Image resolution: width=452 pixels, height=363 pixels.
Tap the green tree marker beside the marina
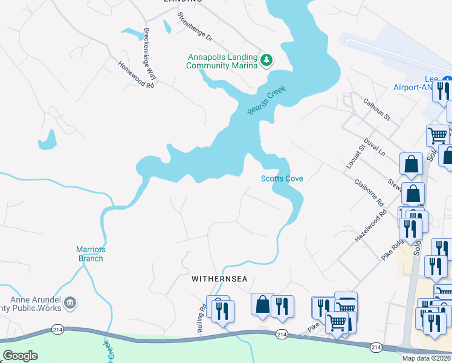266,60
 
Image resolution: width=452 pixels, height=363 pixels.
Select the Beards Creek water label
266,100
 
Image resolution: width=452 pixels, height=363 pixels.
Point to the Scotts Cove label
282,178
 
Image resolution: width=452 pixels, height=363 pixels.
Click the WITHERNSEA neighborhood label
220,280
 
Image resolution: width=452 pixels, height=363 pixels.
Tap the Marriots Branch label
89,253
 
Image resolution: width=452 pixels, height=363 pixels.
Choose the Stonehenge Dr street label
194,28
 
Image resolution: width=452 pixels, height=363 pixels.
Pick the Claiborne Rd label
370,191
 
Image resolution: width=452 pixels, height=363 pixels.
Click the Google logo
20,355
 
